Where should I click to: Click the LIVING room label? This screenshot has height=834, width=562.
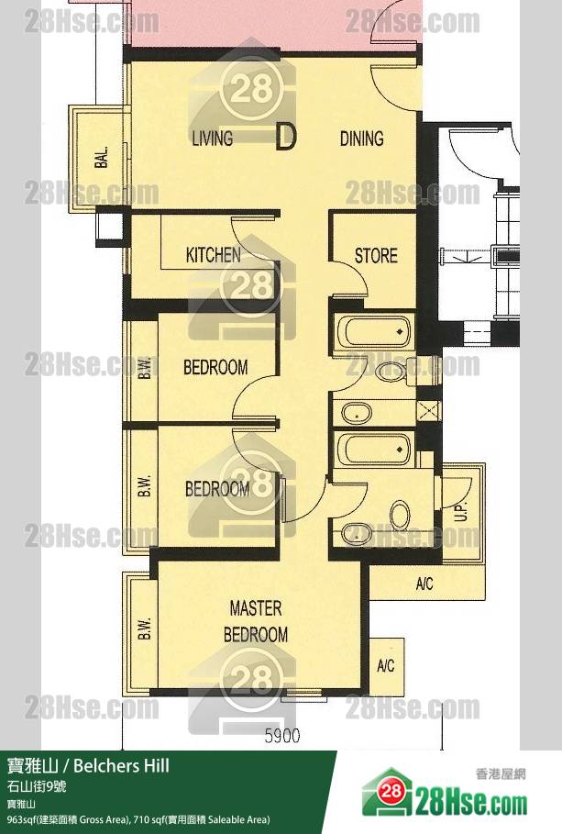click(213, 139)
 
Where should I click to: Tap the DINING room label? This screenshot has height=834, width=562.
click(361, 139)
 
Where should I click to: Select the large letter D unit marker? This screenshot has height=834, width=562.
click(285, 137)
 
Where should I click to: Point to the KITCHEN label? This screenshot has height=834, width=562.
click(214, 255)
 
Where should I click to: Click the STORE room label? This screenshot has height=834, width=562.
click(376, 256)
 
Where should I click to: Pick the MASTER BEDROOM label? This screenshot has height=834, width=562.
click(256, 621)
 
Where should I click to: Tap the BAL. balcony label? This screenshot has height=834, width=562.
click(102, 158)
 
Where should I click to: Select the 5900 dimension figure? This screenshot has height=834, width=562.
click(282, 736)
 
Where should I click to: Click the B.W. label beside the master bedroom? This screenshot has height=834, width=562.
click(146, 628)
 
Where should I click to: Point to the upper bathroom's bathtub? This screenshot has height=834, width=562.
click(373, 332)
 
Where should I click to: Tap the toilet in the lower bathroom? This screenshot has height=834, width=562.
click(400, 515)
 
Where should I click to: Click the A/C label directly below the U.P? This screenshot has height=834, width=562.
click(424, 584)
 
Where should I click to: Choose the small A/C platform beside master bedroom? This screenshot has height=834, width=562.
click(386, 666)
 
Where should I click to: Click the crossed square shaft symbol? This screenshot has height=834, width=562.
click(428, 411)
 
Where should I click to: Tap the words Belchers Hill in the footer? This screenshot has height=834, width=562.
click(121, 766)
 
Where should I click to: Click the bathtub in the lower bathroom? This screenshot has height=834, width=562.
click(373, 450)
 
